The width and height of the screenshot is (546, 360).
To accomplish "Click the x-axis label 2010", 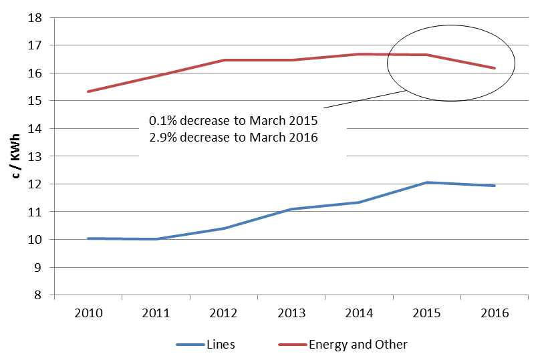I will tap(89, 313).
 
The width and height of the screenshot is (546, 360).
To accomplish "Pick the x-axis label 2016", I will tap(495, 313).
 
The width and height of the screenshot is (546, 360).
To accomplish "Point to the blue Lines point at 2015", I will tap(427, 182).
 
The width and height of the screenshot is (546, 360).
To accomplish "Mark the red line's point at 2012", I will tap(224, 60).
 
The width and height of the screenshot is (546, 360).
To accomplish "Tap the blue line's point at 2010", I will tap(89, 238).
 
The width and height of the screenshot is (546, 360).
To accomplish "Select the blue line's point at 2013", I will tap(291, 209).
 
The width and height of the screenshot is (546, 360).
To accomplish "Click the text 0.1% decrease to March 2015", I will tap(233, 122).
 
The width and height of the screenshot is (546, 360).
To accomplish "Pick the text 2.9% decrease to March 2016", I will tap(233, 138).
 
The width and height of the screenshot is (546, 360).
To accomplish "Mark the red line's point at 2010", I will tap(89, 92).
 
